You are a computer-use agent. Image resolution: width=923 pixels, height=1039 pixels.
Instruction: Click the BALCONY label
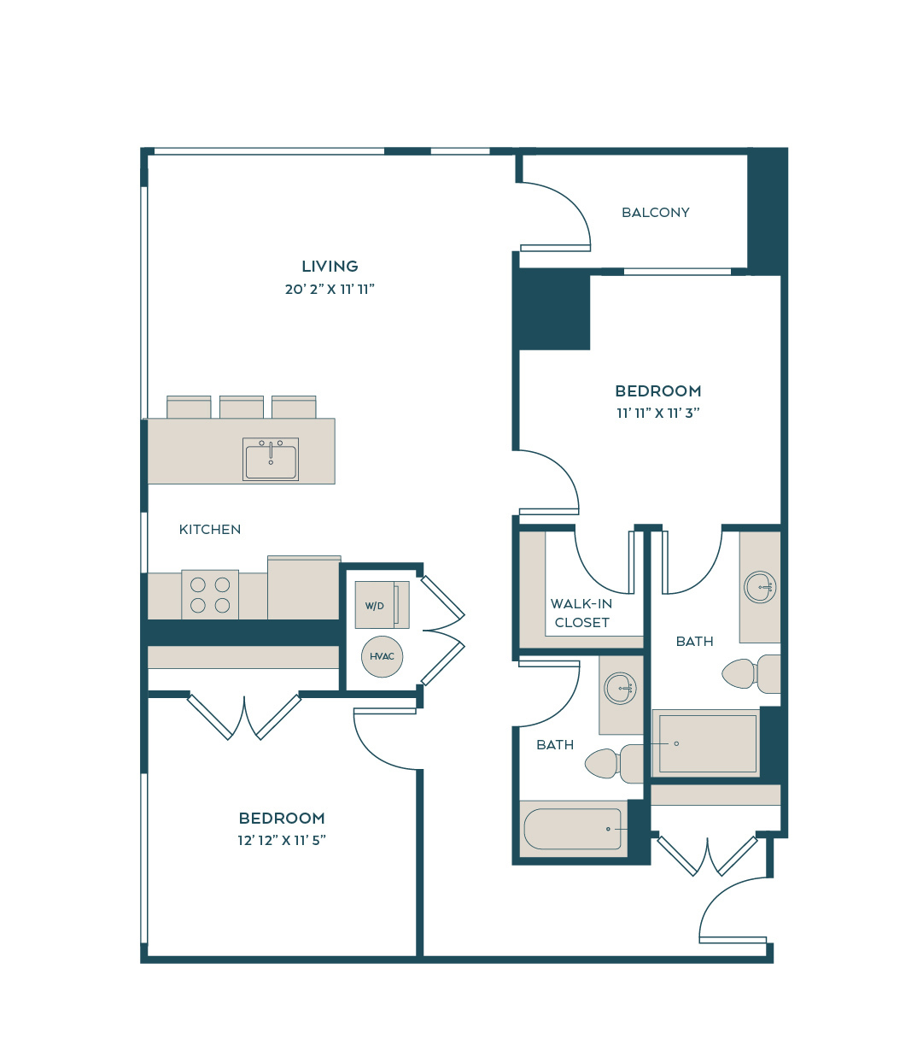click(x=655, y=212)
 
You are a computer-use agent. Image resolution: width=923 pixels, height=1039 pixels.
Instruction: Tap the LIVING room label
click(x=330, y=267)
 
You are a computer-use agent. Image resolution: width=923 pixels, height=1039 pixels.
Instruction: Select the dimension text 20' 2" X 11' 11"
click(x=330, y=290)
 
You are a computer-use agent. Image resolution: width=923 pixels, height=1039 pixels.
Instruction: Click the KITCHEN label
click(x=209, y=529)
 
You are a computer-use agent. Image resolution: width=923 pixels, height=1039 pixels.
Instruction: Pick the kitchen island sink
click(x=271, y=459)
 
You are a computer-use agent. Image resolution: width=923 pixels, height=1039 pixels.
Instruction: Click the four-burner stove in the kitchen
click(x=210, y=595)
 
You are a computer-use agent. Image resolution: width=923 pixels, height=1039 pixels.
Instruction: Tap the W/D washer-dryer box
click(x=382, y=605)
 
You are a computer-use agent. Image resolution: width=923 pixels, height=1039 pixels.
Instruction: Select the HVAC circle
click(x=382, y=656)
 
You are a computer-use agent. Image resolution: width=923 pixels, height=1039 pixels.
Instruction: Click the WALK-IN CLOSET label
click(x=581, y=613)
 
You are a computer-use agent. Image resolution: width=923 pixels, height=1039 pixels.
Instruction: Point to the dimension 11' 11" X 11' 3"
click(x=658, y=413)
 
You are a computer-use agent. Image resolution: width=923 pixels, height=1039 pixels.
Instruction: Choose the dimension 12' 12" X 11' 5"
click(x=282, y=840)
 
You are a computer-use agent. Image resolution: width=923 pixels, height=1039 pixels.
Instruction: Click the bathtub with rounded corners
click(x=572, y=828)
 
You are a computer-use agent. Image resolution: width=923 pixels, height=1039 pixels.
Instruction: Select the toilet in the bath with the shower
click(x=751, y=674)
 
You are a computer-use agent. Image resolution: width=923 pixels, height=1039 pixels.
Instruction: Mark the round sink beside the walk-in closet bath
click(x=620, y=688)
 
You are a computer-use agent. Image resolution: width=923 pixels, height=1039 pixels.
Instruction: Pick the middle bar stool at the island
click(x=242, y=407)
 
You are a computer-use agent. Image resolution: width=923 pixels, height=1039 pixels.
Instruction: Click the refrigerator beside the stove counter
click(x=304, y=588)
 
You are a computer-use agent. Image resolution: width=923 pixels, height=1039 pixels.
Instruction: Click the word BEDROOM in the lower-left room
click(x=282, y=818)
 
